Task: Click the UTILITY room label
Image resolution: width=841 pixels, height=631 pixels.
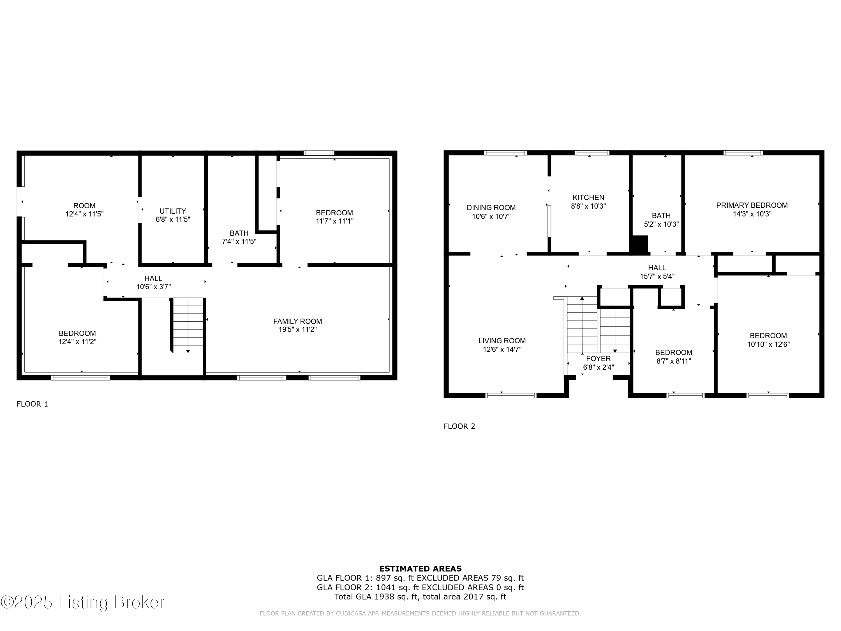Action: pos(173,211)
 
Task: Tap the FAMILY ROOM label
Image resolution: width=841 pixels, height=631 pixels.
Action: pos(297,321)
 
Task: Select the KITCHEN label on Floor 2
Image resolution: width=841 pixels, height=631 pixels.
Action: pos(588,197)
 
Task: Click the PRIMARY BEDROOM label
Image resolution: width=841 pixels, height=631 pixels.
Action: pos(752,205)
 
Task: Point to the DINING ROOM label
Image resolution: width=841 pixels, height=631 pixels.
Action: pos(491,208)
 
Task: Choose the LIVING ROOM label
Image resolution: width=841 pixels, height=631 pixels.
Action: pos(502,341)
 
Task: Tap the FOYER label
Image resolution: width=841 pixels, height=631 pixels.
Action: pos(598,359)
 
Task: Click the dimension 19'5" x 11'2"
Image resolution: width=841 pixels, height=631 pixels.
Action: pos(297,330)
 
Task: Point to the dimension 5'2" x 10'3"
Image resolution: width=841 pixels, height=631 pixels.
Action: pos(661,224)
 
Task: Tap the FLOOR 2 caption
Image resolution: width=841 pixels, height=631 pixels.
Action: pos(459,426)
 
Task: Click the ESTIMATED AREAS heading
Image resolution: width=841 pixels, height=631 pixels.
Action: pos(420,569)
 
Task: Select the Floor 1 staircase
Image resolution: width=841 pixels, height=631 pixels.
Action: pos(188,326)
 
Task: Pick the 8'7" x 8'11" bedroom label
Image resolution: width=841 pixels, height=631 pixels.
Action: pos(673,353)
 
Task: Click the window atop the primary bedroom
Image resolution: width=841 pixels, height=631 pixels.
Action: pos(743,153)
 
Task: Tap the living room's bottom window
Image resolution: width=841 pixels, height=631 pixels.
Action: pos(511,395)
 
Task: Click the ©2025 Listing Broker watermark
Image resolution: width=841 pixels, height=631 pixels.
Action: pos(83,602)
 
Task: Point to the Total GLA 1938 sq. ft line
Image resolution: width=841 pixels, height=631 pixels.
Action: pos(420,597)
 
